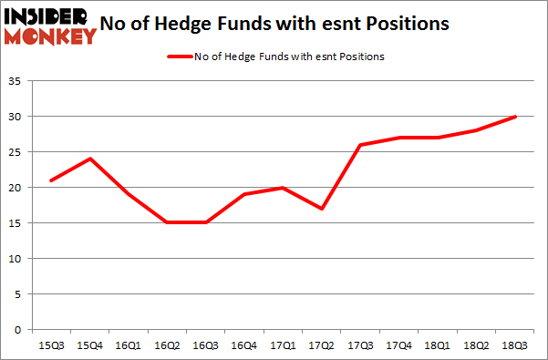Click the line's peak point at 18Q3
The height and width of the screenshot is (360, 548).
click(514, 117)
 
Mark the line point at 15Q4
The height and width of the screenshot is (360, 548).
click(89, 159)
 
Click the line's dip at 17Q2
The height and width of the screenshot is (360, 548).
click(322, 209)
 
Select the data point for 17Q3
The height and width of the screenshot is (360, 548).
click(360, 145)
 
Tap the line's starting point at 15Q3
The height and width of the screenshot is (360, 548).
click(51, 180)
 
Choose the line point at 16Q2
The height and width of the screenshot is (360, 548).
click(167, 222)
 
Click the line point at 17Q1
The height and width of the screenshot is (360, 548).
click(283, 188)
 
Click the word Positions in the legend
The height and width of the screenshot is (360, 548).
click(362, 57)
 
